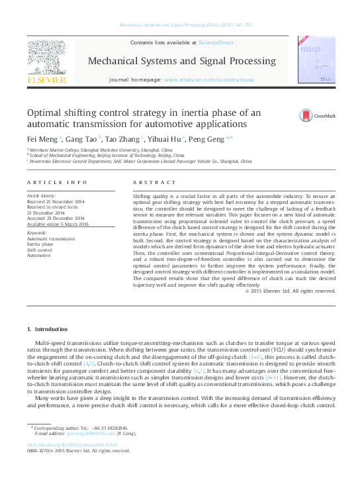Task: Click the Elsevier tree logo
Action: pyautogui.click(x=46, y=58)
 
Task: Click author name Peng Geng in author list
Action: pyautogui.click(x=206, y=140)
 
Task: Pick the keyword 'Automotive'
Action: pyautogui.click(x=41, y=255)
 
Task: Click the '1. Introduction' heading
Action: pyautogui.click(x=47, y=329)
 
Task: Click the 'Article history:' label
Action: pyautogui.click(x=42, y=197)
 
